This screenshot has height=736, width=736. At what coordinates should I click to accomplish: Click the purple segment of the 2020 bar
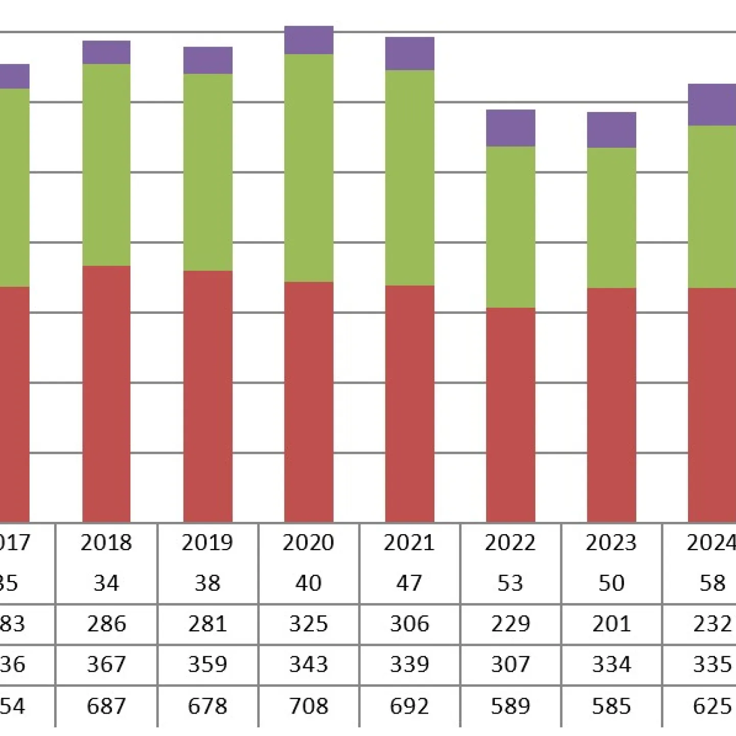[x=309, y=40]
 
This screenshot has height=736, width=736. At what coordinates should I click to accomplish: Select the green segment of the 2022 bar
[x=510, y=227]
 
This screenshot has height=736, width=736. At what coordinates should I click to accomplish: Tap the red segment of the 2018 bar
[x=106, y=394]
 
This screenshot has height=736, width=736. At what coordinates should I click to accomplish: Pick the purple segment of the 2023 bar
[x=611, y=130]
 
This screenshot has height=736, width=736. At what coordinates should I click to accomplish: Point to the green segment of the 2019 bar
[x=208, y=172]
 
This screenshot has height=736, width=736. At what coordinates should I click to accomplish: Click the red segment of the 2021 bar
[x=409, y=403]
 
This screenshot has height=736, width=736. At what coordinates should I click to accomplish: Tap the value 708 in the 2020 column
[x=308, y=706]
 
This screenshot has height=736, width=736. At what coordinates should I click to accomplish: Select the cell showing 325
[x=308, y=624]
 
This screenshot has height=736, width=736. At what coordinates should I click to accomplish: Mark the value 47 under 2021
[x=409, y=583]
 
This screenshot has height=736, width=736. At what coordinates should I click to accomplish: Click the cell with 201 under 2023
[x=611, y=624]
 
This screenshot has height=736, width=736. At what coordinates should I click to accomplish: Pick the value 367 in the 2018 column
[x=106, y=664]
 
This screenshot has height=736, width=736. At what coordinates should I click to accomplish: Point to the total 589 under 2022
[x=510, y=706]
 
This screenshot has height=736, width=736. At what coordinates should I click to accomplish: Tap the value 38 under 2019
[x=208, y=583]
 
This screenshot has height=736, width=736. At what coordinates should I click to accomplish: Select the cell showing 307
[x=510, y=664]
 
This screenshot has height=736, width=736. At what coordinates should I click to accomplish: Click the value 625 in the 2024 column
[x=712, y=706]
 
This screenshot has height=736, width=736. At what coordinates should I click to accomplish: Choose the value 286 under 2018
[x=106, y=624]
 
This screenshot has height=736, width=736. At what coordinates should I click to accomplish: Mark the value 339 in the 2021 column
[x=409, y=664]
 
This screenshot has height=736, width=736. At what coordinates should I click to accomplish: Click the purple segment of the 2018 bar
[x=106, y=52]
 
